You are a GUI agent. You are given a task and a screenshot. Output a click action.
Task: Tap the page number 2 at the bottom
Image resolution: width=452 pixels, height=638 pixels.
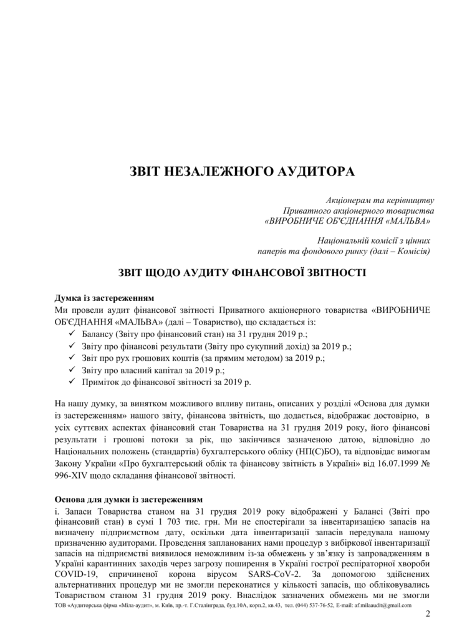coord(428,617)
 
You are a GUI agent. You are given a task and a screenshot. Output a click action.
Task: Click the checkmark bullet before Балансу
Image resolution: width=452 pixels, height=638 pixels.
coord(69,335)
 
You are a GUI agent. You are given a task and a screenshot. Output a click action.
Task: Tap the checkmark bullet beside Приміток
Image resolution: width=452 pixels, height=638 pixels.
coord(69,382)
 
